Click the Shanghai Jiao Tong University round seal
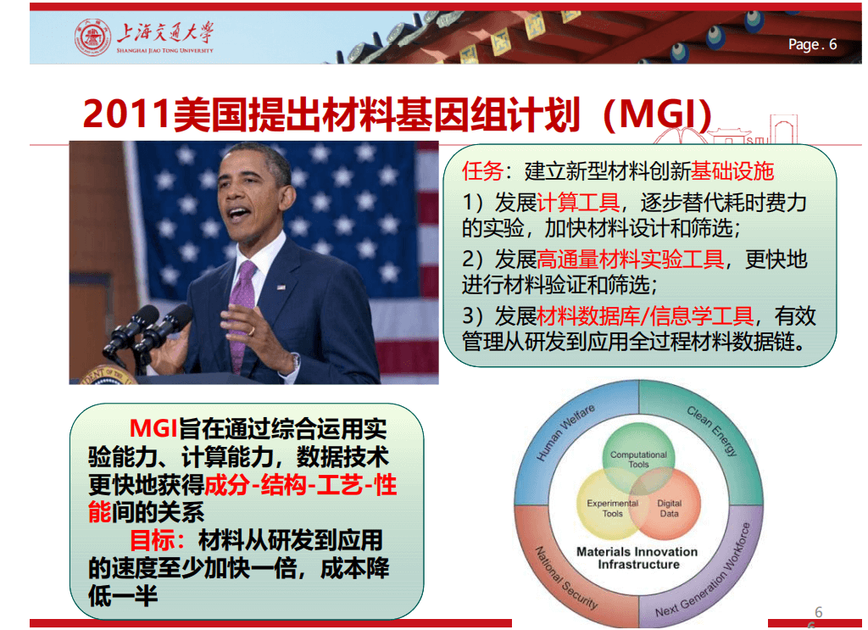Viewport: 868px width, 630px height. (92, 37)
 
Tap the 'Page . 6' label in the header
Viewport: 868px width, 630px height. (812, 44)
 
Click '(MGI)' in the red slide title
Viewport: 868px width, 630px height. (658, 114)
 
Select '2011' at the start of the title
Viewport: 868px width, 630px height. (127, 114)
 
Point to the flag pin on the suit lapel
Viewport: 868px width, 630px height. (281, 287)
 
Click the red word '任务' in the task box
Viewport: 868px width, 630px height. (482, 171)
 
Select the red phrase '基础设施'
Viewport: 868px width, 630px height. (732, 171)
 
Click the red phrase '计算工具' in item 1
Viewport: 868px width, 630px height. (578, 203)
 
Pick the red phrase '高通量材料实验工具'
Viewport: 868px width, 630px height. (631, 259)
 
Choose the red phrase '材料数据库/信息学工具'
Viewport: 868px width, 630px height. (645, 316)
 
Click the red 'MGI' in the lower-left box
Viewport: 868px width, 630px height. (153, 428)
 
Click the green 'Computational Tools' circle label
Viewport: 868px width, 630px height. (638, 460)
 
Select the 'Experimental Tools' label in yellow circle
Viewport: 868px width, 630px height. (612, 508)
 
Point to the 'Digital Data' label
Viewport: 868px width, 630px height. (670, 508)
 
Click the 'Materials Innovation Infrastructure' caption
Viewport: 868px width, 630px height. (637, 558)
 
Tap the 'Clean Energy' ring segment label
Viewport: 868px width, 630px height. (712, 430)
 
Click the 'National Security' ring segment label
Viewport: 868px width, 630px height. (566, 578)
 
